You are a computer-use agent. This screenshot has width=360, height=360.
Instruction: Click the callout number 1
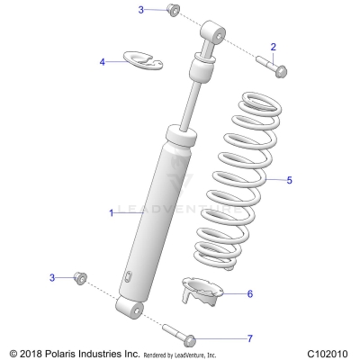pyautogui.click(x=112, y=212)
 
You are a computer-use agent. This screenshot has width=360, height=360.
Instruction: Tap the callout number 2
pyautogui.click(x=274, y=47)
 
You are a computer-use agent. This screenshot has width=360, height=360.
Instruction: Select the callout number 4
pyautogui.click(x=103, y=62)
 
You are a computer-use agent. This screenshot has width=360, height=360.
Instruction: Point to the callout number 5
pyautogui.click(x=289, y=180)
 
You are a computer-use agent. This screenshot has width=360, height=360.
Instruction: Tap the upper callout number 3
pyautogui.click(x=141, y=9)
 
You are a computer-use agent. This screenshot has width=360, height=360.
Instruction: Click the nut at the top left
pyautogui.click(x=173, y=11)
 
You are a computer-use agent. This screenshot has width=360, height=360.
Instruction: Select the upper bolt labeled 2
pyautogui.click(x=271, y=66)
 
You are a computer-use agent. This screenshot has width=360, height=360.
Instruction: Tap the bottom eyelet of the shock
pyautogui.click(x=132, y=310)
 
